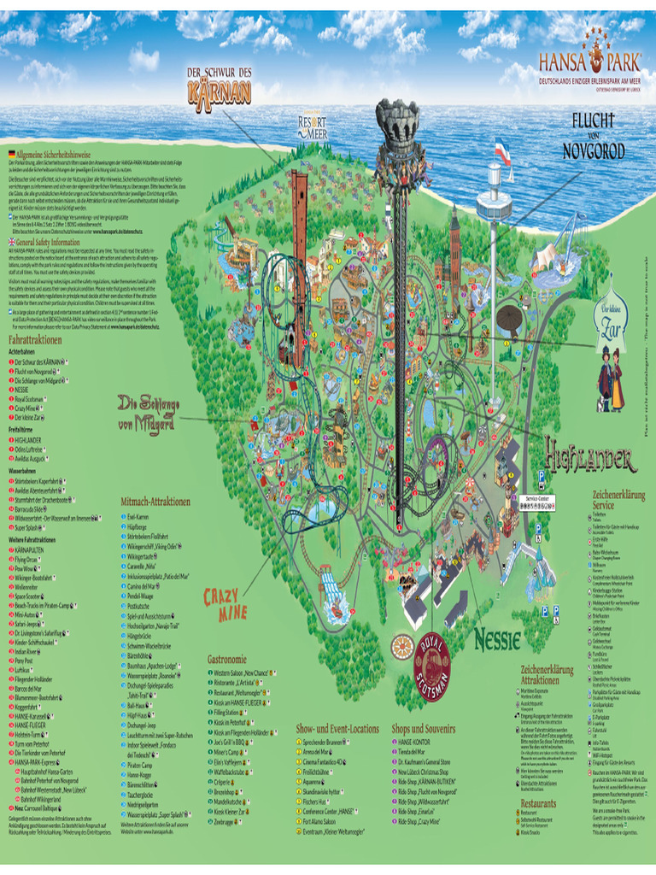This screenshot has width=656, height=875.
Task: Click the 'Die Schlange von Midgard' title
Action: [x=148, y=414]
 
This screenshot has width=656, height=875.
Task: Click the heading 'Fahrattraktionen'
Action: [x=35, y=339]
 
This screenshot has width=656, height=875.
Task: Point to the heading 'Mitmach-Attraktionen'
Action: [x=155, y=502]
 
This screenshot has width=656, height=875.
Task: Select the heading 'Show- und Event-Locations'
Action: [x=337, y=728]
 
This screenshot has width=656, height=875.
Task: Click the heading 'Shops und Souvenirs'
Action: [x=424, y=728]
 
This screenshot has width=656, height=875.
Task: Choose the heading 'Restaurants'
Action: [x=538, y=803]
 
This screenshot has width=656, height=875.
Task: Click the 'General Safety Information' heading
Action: [x=48, y=243]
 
